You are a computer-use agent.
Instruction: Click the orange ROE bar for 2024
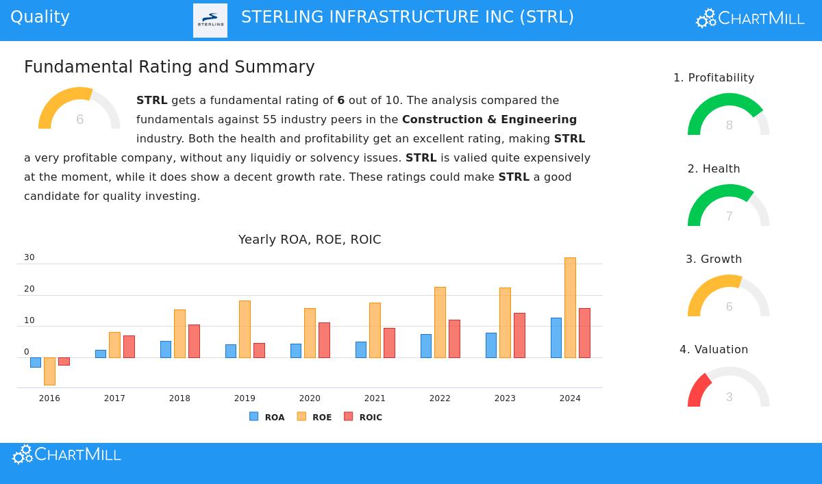tap(570, 307)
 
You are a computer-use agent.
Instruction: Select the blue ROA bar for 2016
tap(36, 362)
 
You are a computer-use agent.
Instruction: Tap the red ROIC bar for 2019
tap(259, 351)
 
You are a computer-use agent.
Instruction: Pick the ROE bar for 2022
tap(440, 322)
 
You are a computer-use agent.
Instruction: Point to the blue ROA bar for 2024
tap(556, 337)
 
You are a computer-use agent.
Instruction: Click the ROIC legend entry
tap(363, 417)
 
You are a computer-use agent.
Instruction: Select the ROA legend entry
tap(267, 417)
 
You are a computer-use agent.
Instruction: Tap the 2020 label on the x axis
tap(310, 398)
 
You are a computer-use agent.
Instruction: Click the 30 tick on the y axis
tap(29, 258)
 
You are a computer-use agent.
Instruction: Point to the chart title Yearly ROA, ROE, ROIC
tap(310, 240)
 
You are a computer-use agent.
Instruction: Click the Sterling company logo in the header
tap(210, 20)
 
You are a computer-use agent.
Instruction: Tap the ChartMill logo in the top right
tap(750, 18)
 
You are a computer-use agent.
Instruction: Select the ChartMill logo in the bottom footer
tap(67, 455)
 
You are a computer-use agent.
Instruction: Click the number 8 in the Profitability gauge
tap(729, 125)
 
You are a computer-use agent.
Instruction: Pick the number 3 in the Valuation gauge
tap(729, 397)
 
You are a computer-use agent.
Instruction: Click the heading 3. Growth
tap(714, 259)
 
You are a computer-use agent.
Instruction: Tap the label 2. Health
tap(714, 168)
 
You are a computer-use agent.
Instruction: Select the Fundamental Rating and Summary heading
tap(169, 67)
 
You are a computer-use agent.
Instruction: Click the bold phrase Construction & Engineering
tap(489, 119)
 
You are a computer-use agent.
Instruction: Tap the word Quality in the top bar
tap(40, 17)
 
